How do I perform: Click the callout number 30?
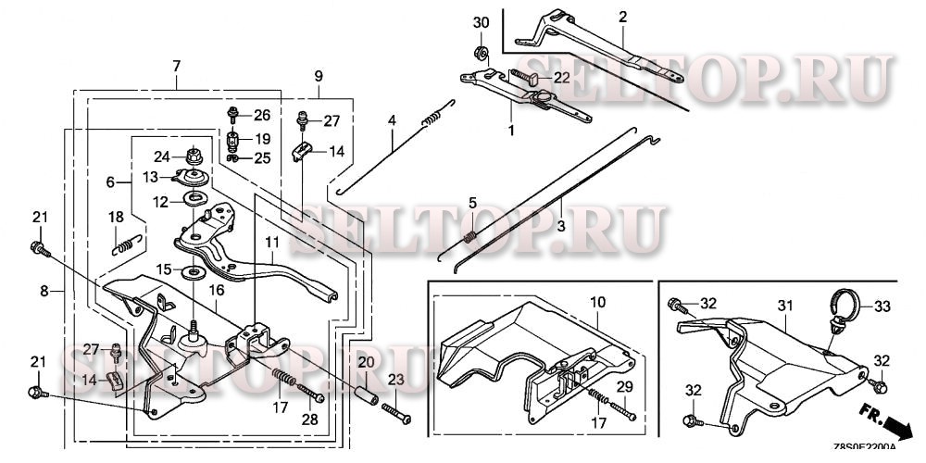[x=481, y=22]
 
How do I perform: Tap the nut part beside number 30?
[x=481, y=49]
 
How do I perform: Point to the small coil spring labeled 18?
[x=127, y=244]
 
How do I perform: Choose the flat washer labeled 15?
[x=194, y=271]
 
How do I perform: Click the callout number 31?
[x=785, y=306]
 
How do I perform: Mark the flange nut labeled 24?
[x=194, y=156]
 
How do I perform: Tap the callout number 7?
[x=176, y=65]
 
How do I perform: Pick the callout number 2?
[x=622, y=17]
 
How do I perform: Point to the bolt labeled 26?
[x=232, y=116]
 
